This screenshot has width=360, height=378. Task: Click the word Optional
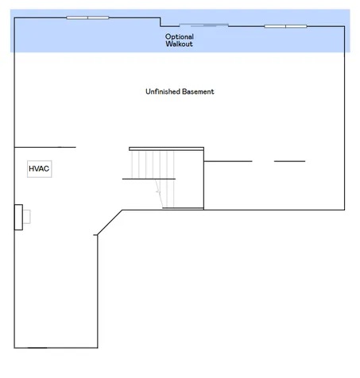(180, 37)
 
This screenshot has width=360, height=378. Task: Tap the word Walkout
(179, 44)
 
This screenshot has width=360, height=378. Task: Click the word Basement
(198, 91)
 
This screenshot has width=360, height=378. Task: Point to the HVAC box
(39, 169)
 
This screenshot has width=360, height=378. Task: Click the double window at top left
(87, 17)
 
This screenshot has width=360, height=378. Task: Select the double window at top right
(285, 26)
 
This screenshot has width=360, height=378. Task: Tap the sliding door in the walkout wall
(203, 25)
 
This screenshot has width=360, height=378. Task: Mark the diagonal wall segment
(110, 222)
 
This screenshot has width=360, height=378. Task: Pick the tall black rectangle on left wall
(18, 217)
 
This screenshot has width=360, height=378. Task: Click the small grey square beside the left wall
(27, 217)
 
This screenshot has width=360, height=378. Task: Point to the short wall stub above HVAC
(45, 147)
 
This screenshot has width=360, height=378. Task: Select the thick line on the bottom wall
(37, 348)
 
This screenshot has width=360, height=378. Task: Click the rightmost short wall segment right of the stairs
(289, 161)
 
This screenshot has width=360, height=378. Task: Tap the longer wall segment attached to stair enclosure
(228, 161)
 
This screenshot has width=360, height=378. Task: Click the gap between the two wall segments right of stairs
(263, 161)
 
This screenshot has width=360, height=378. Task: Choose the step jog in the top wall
(161, 22)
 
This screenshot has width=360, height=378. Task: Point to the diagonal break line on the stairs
(159, 193)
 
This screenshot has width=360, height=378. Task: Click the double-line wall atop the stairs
(166, 149)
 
